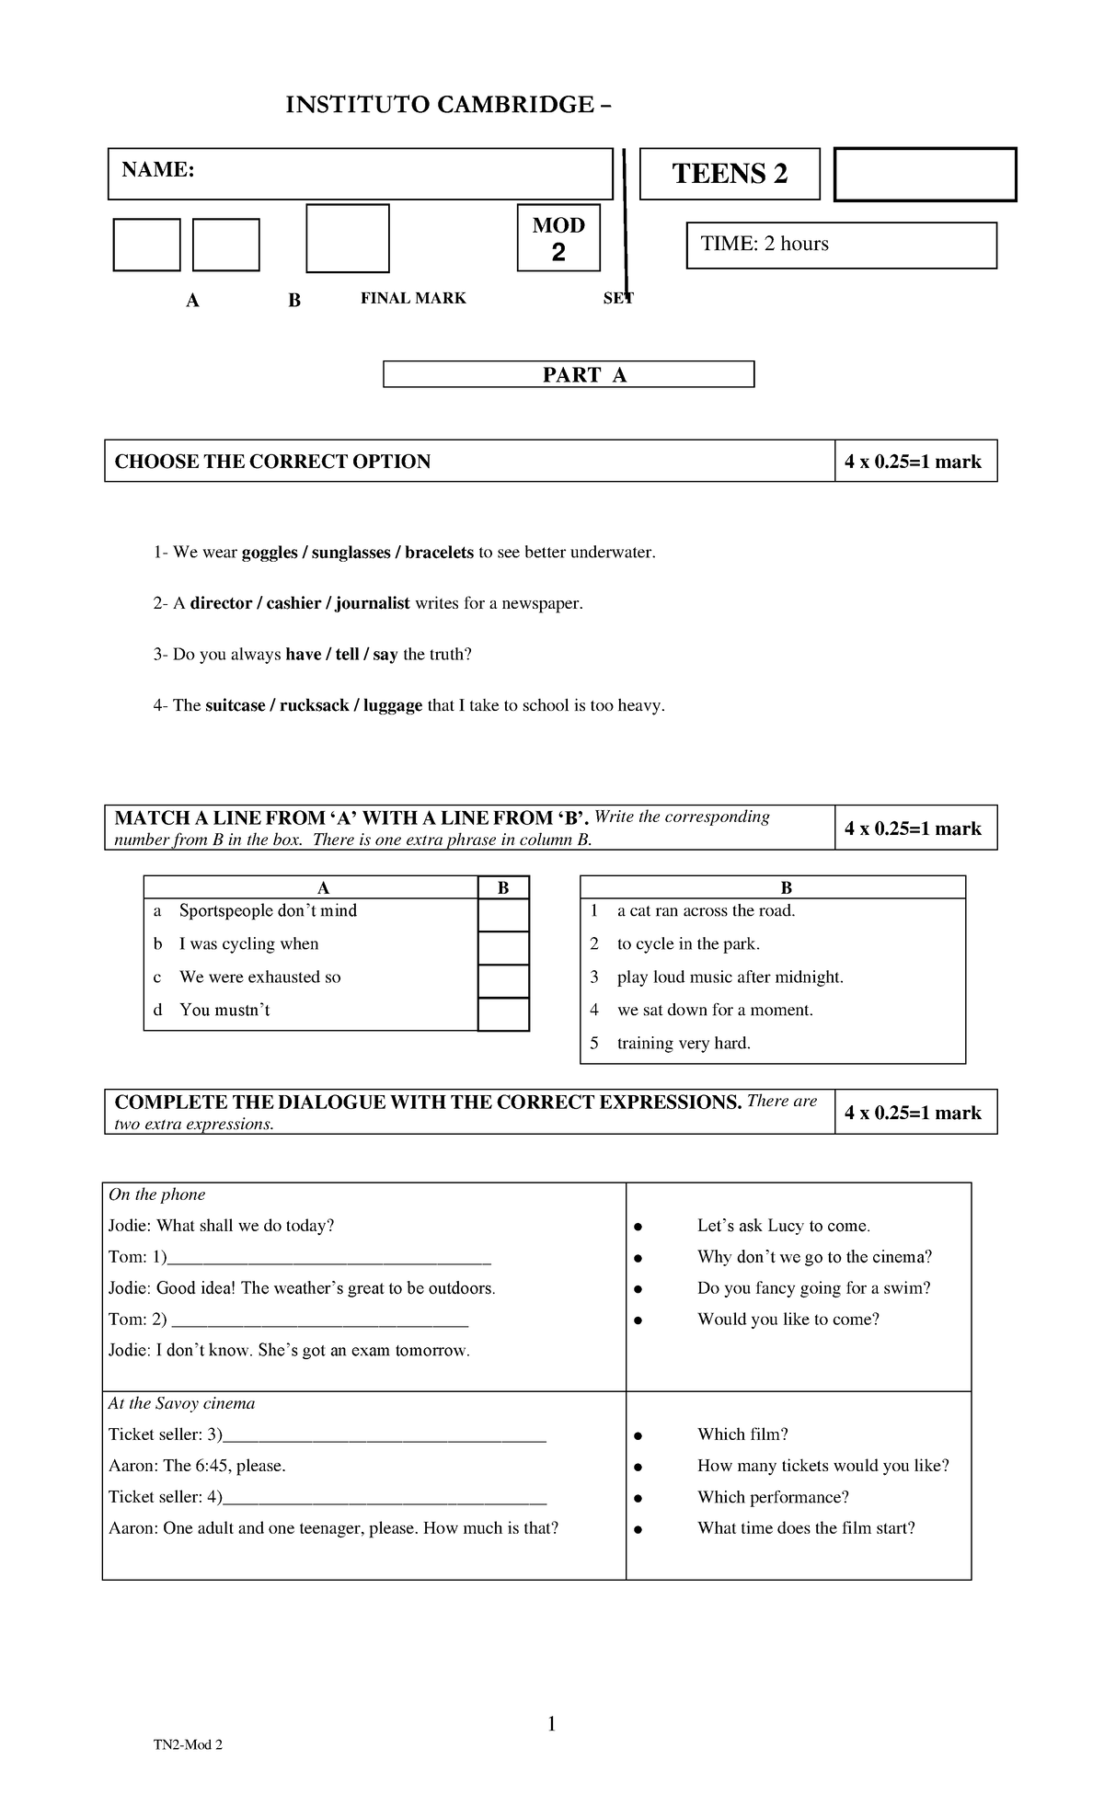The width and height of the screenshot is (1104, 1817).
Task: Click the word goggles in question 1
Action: click(270, 553)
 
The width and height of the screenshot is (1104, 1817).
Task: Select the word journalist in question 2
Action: click(373, 603)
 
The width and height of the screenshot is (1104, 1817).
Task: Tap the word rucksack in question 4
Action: click(315, 705)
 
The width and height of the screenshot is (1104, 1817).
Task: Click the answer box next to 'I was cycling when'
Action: click(503, 948)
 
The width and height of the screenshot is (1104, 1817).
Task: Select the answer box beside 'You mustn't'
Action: click(503, 1014)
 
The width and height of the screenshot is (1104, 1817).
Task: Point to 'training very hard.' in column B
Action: click(684, 1043)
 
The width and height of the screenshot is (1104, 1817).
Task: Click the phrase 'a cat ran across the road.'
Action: click(706, 910)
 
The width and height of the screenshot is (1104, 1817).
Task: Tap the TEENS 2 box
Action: click(730, 173)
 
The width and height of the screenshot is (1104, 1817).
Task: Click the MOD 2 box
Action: click(558, 238)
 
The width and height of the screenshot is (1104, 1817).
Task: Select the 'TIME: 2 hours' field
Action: click(841, 245)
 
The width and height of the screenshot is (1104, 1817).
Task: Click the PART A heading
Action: click(568, 374)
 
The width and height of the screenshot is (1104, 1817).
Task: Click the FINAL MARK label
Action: click(413, 298)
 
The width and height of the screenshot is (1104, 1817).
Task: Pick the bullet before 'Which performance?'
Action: click(637, 1498)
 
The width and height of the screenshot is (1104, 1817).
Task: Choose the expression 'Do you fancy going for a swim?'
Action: click(813, 1287)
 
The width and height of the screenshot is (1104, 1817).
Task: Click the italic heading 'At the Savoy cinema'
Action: click(181, 1403)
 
